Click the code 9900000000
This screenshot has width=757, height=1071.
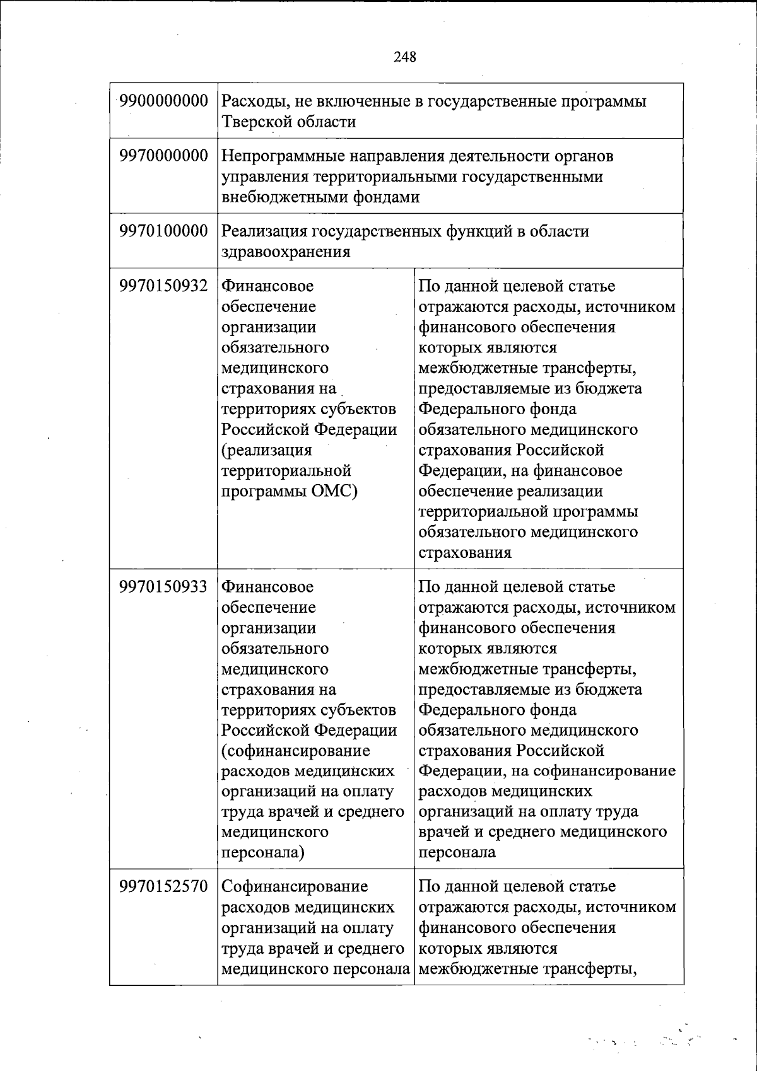coord(163,101)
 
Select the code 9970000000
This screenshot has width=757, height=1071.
coord(163,156)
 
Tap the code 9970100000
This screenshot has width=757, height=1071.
coord(163,231)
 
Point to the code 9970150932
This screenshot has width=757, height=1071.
coord(163,286)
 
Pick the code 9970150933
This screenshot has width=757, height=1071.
coord(163,586)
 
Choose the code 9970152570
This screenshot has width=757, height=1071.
coord(163,886)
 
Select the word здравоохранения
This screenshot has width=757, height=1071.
coord(285,252)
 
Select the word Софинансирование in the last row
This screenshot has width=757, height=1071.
coord(295,886)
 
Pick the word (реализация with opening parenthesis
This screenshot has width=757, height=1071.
coord(266,450)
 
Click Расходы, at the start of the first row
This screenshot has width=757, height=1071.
coord(253,101)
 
